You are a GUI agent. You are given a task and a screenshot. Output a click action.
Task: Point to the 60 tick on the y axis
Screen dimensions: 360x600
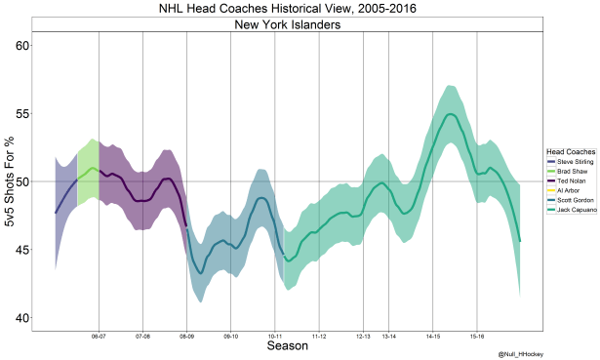(18, 46)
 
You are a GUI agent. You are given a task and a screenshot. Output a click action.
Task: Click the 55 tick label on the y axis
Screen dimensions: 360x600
(18, 114)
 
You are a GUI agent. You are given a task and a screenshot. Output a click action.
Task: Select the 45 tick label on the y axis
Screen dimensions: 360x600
(18, 250)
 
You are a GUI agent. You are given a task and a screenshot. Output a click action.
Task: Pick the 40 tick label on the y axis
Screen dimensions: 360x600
(18, 318)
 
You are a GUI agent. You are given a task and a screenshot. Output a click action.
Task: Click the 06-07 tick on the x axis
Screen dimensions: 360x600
(99, 336)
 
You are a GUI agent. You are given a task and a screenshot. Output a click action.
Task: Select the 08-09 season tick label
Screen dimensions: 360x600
(186, 336)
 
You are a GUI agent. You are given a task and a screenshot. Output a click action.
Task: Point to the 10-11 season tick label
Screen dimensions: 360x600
(275, 336)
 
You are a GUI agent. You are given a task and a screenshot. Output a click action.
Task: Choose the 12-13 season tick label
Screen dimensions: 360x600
(363, 336)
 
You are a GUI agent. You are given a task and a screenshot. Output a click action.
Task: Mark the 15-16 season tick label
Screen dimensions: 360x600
(477, 336)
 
